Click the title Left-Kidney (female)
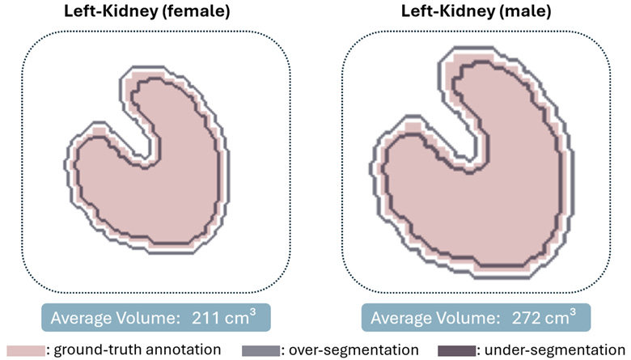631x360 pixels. coord(157,14)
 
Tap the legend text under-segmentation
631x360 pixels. coord(553,350)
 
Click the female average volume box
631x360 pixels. coord(155,316)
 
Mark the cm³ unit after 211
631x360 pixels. coord(241,316)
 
